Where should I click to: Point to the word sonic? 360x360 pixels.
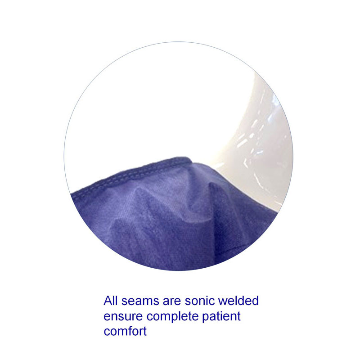(197, 301)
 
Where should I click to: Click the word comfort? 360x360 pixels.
(125, 332)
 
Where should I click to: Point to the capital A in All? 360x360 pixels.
(108, 301)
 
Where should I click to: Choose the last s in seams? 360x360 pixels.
(154, 302)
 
